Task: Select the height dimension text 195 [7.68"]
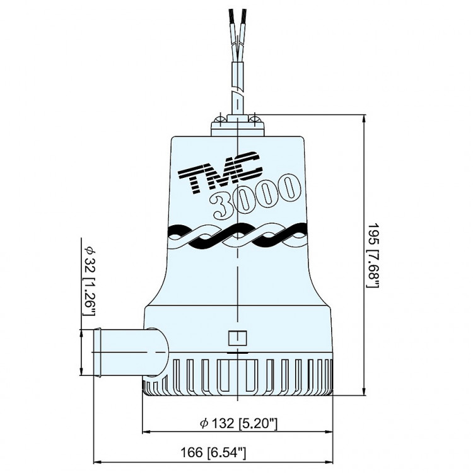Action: [x=373, y=255]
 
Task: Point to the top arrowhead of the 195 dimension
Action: [x=366, y=119]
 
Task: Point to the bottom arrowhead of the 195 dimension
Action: [x=366, y=394]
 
